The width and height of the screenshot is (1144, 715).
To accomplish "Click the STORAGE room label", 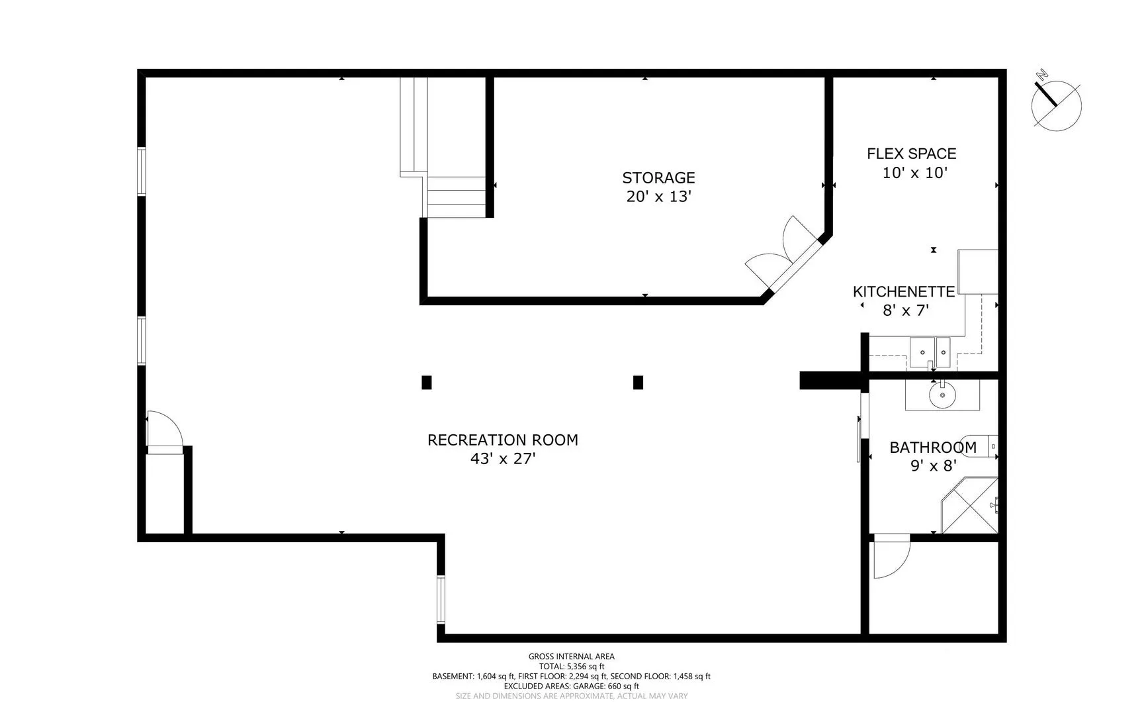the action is point(658,177).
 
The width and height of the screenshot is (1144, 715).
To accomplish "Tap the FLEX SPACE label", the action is point(912,154).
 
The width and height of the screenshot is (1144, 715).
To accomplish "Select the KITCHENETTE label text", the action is point(904,291).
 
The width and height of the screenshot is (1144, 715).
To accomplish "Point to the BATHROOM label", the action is point(933,448).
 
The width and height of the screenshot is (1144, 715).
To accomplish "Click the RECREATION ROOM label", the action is point(503,440).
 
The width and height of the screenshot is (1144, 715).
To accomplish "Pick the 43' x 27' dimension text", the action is point(503,458).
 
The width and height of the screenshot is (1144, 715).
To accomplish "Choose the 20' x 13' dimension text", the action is point(658,196).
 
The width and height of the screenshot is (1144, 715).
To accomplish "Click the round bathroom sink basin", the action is point(942,397).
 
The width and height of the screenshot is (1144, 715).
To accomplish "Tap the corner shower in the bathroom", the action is point(969,504).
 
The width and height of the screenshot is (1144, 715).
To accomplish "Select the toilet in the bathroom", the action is point(987,447).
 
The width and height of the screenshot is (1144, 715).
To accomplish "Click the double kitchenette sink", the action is point(930,352).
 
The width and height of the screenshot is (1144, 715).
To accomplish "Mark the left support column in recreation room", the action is point(427,382).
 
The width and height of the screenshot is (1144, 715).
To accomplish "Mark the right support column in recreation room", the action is point(638,382).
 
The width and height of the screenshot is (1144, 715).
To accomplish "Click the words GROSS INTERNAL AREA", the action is point(572,657).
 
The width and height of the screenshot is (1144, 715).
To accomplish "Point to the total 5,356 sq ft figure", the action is point(572,667).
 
